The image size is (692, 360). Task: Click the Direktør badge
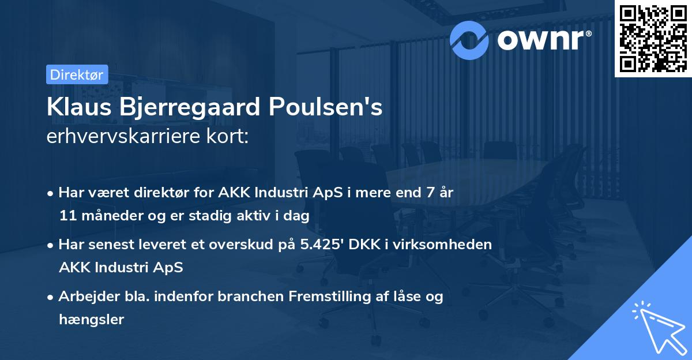(77, 74)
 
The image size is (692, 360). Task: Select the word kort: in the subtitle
(230, 138)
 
